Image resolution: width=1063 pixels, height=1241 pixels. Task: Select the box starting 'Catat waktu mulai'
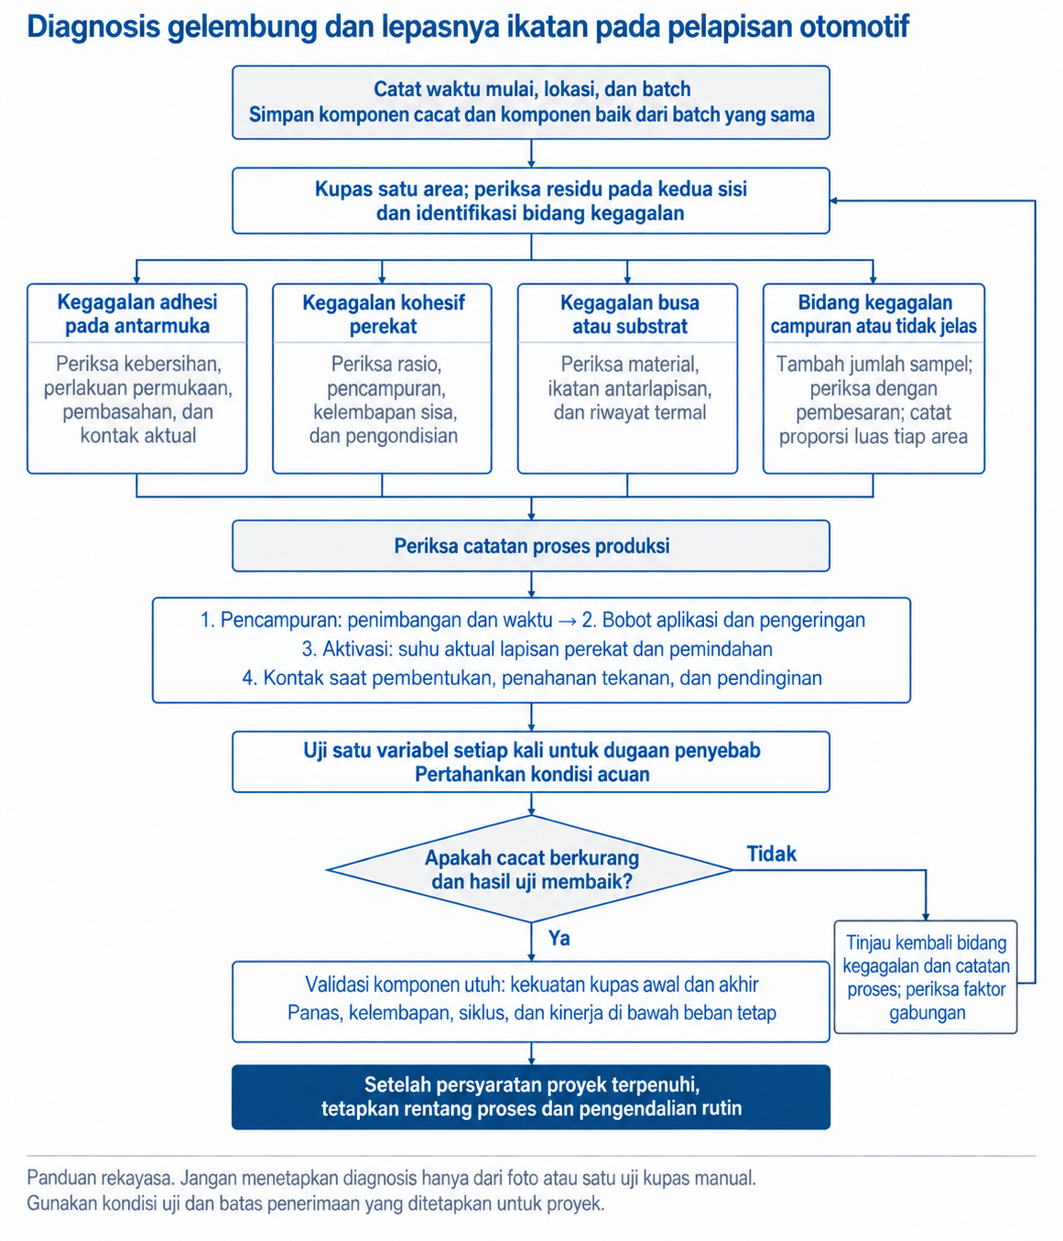531,103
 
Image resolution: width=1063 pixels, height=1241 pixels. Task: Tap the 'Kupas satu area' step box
531,201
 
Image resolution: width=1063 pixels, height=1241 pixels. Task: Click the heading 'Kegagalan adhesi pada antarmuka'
137,314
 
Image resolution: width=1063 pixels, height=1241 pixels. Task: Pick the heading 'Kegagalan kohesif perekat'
383,314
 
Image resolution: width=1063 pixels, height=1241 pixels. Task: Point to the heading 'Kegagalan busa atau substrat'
629,314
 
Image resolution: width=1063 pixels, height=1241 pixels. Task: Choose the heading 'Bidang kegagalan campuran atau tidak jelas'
873,314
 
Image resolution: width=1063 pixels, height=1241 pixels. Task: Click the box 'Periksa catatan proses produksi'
531,546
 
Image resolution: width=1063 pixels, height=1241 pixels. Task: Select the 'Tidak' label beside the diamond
771,854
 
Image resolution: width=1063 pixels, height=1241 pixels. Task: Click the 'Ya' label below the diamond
559,939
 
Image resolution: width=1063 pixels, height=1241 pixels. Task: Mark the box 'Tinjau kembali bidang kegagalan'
926,977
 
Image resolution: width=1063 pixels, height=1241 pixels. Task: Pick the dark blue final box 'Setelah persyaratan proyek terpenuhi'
531,1097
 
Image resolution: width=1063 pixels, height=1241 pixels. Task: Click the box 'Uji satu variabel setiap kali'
531,762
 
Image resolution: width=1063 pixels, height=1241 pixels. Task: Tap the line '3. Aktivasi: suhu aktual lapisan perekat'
537,649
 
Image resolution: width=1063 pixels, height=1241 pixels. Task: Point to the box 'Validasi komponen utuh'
531,1001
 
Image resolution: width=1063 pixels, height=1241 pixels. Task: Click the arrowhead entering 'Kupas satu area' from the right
834,201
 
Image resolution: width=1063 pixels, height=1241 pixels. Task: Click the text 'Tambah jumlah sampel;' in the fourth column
873,364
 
